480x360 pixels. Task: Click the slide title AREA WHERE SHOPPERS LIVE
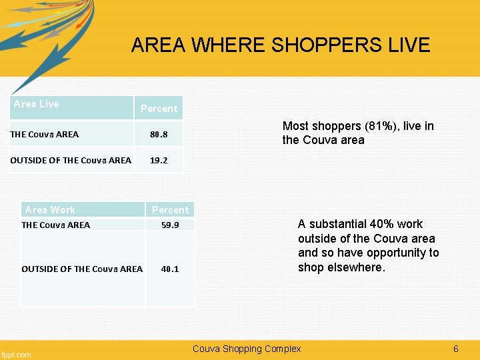click(281, 45)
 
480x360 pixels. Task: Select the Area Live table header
click(37, 104)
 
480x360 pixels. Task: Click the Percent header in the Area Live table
click(159, 109)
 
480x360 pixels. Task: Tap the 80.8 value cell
click(159, 135)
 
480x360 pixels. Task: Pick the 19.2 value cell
click(159, 161)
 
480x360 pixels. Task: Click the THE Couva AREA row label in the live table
click(45, 135)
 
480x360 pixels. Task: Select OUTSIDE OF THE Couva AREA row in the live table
click(71, 161)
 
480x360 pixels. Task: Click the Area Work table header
click(50, 210)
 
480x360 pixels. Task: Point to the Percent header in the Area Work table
click(170, 210)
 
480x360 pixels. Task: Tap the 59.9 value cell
click(170, 225)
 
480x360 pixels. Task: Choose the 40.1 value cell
click(170, 269)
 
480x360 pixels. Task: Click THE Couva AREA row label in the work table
click(56, 225)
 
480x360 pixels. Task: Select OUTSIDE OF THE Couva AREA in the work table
click(82, 269)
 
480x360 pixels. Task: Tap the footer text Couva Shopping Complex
click(247, 349)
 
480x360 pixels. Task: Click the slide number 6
click(456, 349)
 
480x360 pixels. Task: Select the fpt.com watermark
click(16, 354)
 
